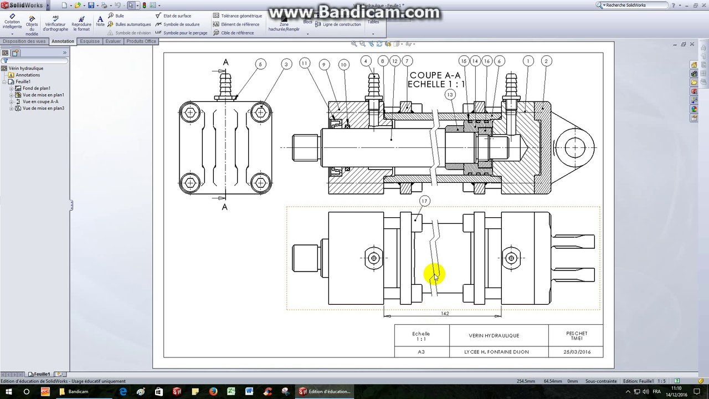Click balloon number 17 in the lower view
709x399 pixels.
(x=425, y=201)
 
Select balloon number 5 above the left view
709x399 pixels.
(x=261, y=64)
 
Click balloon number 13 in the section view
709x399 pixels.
(x=450, y=95)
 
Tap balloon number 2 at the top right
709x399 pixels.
(x=546, y=61)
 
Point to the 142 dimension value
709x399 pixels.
(x=445, y=314)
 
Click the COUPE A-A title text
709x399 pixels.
(x=435, y=75)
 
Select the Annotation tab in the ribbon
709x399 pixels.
(x=63, y=41)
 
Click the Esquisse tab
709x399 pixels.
(x=90, y=41)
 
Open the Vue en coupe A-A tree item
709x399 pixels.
(x=40, y=101)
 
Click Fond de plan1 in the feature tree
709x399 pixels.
(x=37, y=88)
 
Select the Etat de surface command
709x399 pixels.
(x=177, y=16)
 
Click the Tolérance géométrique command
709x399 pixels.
(x=241, y=16)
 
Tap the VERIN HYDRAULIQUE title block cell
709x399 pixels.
(x=494, y=335)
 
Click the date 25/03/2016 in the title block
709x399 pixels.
(x=577, y=352)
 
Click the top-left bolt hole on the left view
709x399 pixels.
(x=191, y=113)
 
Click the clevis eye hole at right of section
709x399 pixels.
(x=574, y=147)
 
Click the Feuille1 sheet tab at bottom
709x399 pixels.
(x=42, y=374)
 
